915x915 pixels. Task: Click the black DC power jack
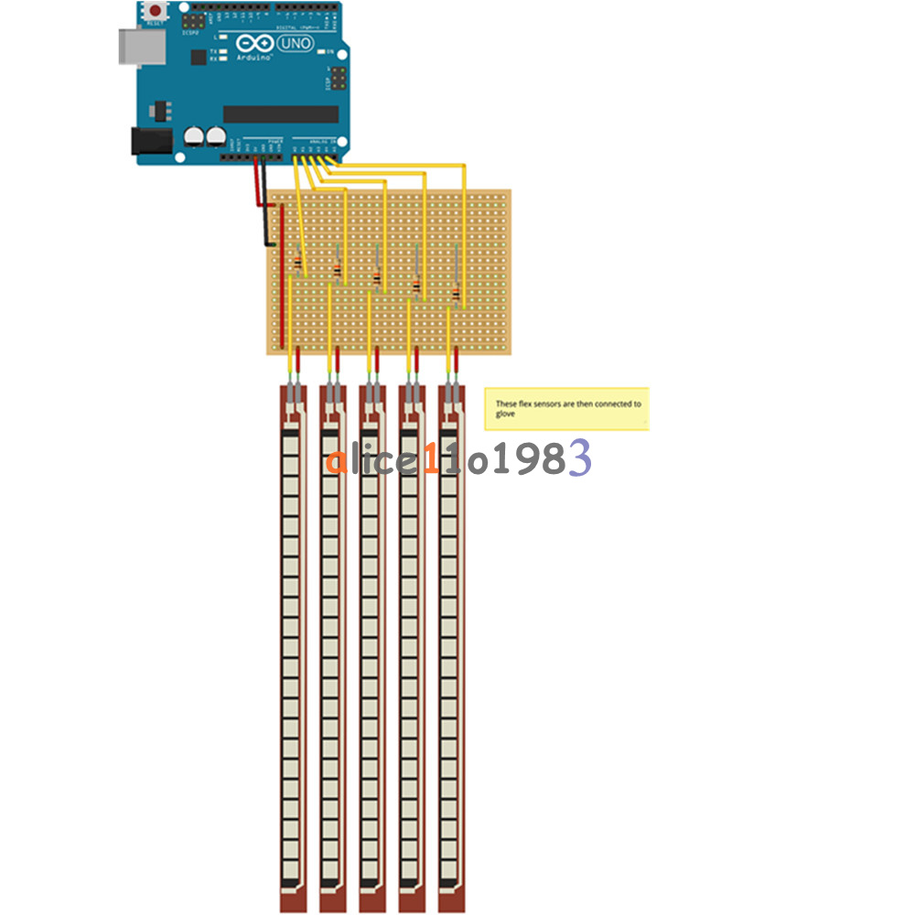pos(151,140)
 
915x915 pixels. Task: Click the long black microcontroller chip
pos(281,113)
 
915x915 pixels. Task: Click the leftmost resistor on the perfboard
pos(298,264)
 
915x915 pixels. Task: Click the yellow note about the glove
pos(566,408)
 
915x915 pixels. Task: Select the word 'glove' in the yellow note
pos(505,414)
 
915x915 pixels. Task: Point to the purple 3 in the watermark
pos(580,457)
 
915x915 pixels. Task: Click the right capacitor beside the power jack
pos(216,136)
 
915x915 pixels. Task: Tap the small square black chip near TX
pos(199,56)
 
